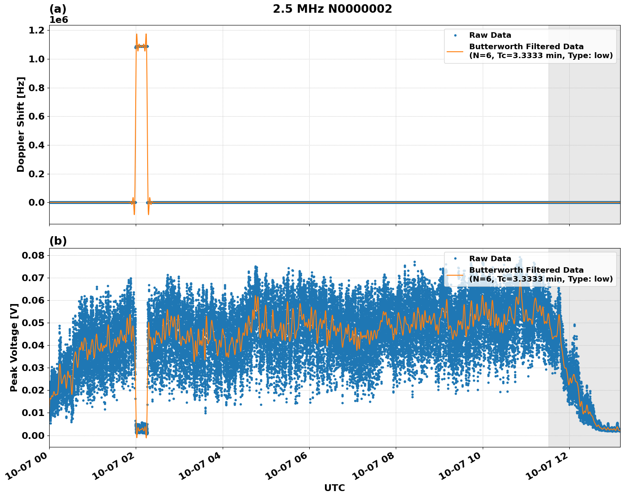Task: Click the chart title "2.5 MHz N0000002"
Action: click(x=332, y=9)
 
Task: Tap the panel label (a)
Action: click(x=58, y=9)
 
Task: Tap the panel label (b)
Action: click(x=58, y=241)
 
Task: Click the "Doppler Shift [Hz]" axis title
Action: click(x=21, y=124)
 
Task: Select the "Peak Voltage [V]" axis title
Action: click(x=14, y=347)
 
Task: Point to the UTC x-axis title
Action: click(x=334, y=488)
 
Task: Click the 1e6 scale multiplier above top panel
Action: click(x=59, y=20)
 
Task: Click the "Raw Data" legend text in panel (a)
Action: click(x=490, y=35)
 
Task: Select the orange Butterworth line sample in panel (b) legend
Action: click(x=455, y=274)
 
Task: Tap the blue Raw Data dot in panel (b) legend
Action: click(x=455, y=259)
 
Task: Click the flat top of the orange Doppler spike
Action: click(x=141, y=46)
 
